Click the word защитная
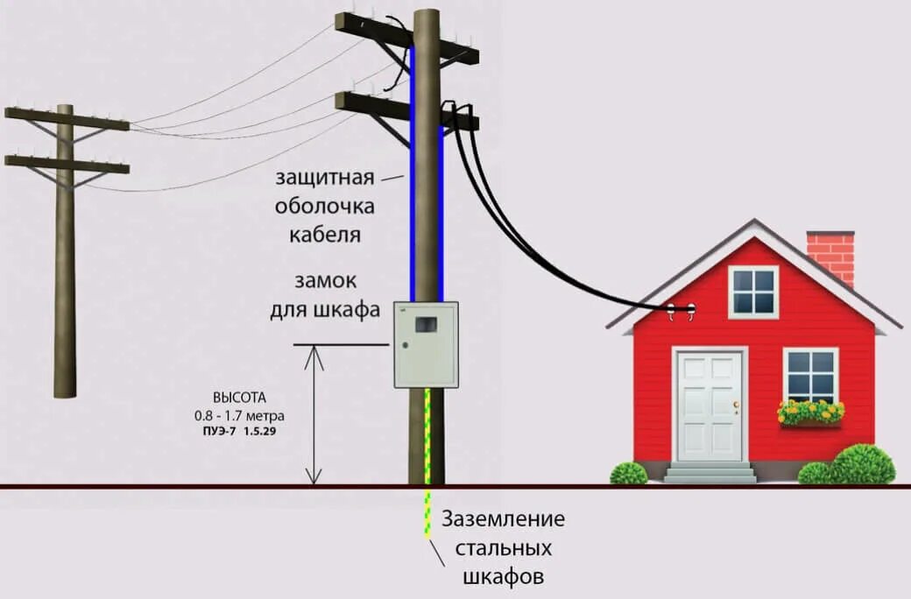pyautogui.click(x=325, y=179)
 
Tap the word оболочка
pyautogui.click(x=324, y=207)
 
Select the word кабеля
pyautogui.click(x=325, y=235)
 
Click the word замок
pyautogui.click(x=325, y=280)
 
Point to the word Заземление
pyautogui.click(x=503, y=518)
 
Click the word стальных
pyautogui.click(x=503, y=548)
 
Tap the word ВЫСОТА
pyautogui.click(x=239, y=398)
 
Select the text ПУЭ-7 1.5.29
pyautogui.click(x=239, y=432)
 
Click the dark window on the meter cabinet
pyautogui.click(x=426, y=325)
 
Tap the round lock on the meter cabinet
pyautogui.click(x=406, y=345)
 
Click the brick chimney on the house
pyautogui.click(x=830, y=257)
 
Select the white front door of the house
pyautogui.click(x=709, y=406)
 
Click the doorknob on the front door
pyautogui.click(x=736, y=404)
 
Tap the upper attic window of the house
pyautogui.click(x=753, y=292)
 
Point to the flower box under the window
pyautogui.click(x=810, y=413)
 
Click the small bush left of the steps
pyautogui.click(x=629, y=473)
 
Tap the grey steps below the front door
pyautogui.click(x=710, y=472)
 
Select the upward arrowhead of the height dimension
pyautogui.click(x=314, y=356)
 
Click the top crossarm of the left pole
pyautogui.click(x=67, y=118)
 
